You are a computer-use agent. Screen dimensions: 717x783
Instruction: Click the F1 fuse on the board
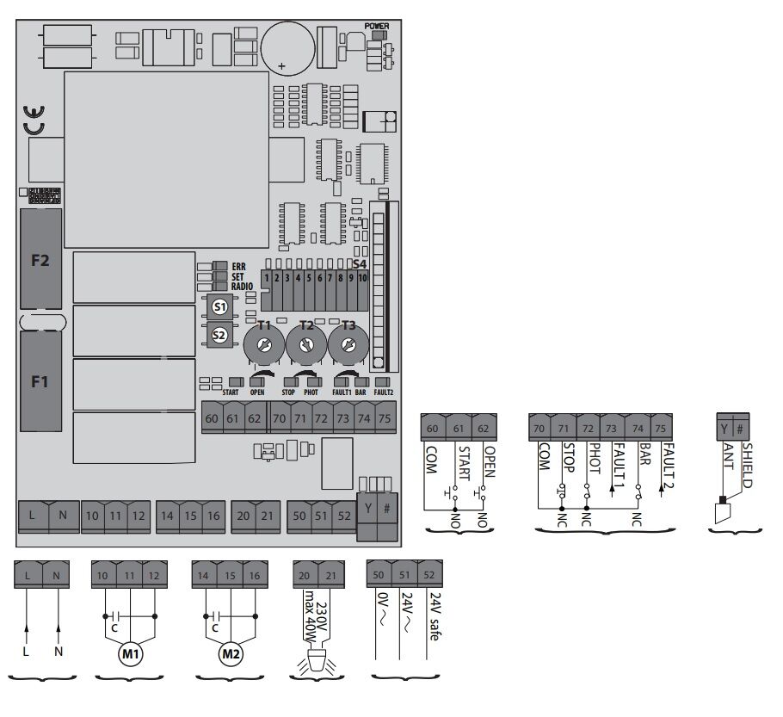(40, 381)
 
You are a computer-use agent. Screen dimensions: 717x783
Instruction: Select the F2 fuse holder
(40, 258)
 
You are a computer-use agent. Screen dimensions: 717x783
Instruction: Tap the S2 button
(219, 335)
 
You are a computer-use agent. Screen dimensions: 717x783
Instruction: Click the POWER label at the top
(377, 27)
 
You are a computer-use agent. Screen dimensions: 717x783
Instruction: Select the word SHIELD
(747, 465)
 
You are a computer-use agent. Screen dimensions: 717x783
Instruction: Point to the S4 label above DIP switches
(360, 263)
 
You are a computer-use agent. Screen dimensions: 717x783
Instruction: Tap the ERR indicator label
(238, 267)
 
